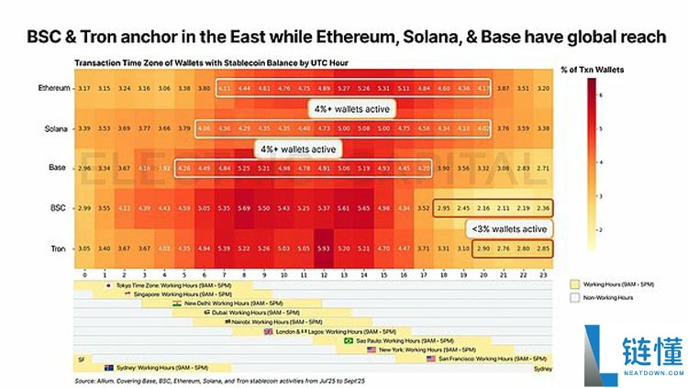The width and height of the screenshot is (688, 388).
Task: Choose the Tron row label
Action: click(x=56, y=249)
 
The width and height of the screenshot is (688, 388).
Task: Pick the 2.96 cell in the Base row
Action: click(x=84, y=168)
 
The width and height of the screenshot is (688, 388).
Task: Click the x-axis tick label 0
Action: click(x=84, y=273)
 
